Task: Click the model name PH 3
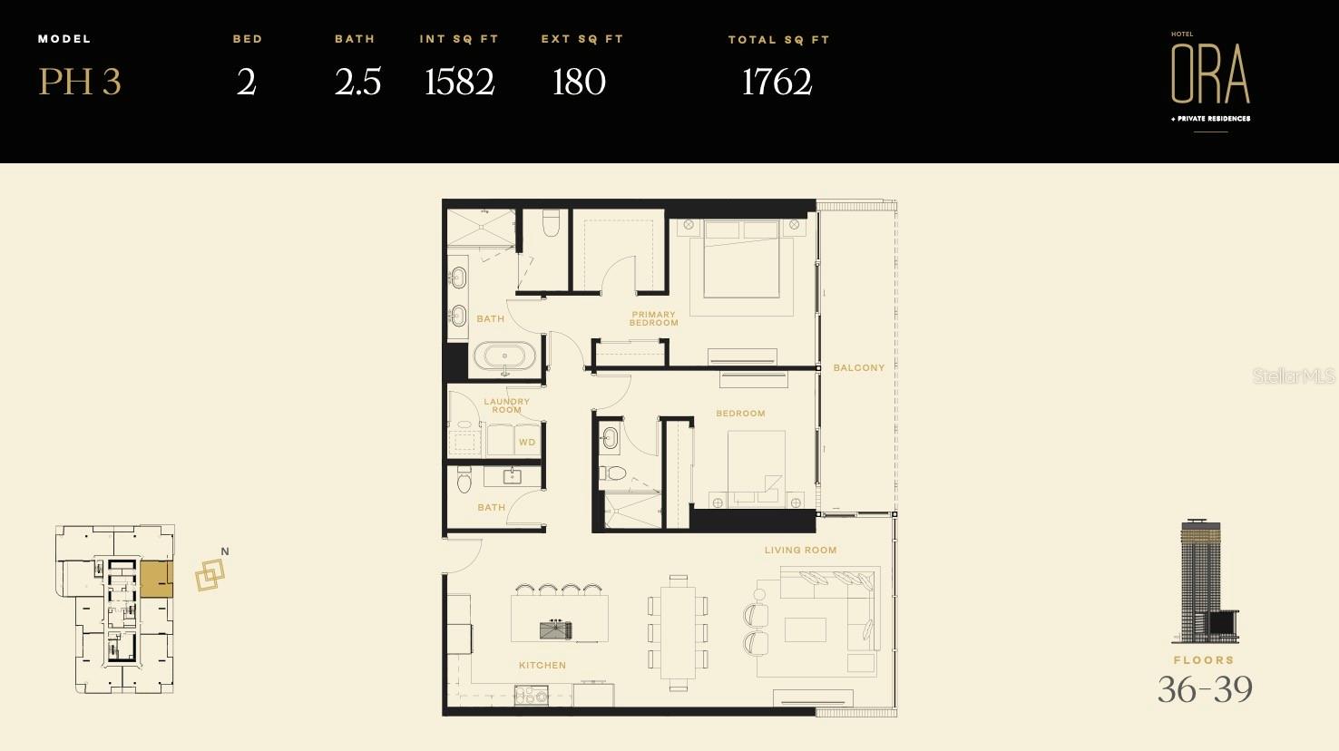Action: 80,82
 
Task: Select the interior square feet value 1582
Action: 460,82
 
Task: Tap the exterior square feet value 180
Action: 579,82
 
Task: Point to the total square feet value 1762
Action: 777,82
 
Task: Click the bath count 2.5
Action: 357,82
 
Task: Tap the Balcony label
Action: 858,367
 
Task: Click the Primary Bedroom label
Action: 654,318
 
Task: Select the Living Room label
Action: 800,550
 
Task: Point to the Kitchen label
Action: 542,665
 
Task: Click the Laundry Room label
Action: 506,405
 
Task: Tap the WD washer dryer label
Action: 527,443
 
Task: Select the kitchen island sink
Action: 556,629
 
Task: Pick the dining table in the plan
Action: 678,632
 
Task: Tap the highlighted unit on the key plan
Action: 156,579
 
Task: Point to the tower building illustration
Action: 1207,581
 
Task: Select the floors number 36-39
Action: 1205,689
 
